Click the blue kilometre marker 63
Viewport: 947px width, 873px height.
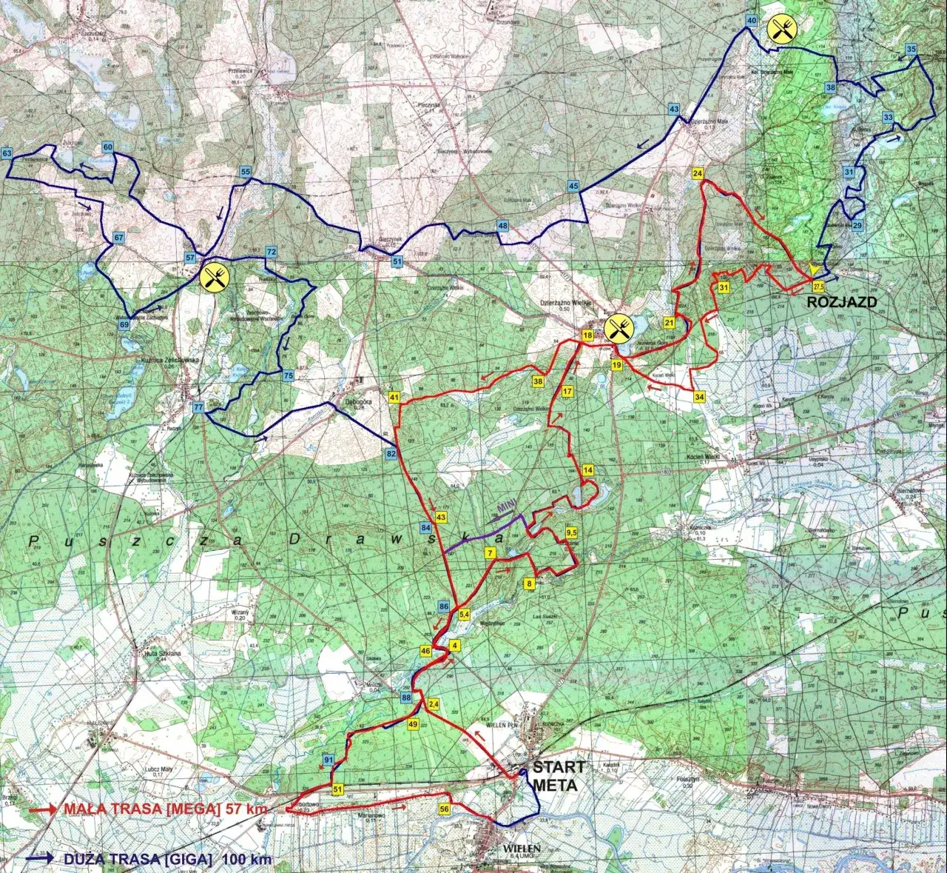coord(7,153)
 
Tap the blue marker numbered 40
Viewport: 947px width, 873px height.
coord(752,21)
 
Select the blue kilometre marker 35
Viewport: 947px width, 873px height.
coord(911,50)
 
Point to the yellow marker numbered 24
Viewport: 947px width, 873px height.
coord(698,173)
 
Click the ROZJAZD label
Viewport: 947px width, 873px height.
coord(841,302)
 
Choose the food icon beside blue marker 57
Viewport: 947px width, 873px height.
coord(215,277)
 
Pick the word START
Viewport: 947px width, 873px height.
coord(559,767)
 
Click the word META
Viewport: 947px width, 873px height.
coord(555,785)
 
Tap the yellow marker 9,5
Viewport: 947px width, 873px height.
coord(571,532)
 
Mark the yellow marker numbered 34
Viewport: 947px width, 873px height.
coord(699,398)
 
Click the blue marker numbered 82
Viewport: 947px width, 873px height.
coord(391,453)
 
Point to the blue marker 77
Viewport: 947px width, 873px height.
coord(198,407)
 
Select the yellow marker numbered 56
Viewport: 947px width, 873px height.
coord(445,809)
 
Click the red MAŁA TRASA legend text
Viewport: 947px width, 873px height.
coord(166,809)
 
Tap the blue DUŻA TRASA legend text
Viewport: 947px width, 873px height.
coord(167,860)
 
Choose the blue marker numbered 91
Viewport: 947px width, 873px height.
coord(328,759)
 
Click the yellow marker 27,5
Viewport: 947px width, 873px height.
coord(818,286)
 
